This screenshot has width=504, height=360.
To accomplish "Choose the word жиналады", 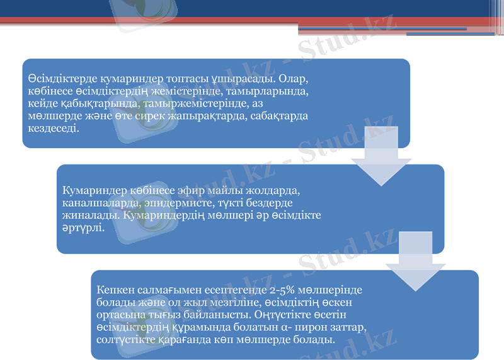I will (x=91, y=214).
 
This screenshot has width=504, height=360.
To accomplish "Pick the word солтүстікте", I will (x=128, y=339).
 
